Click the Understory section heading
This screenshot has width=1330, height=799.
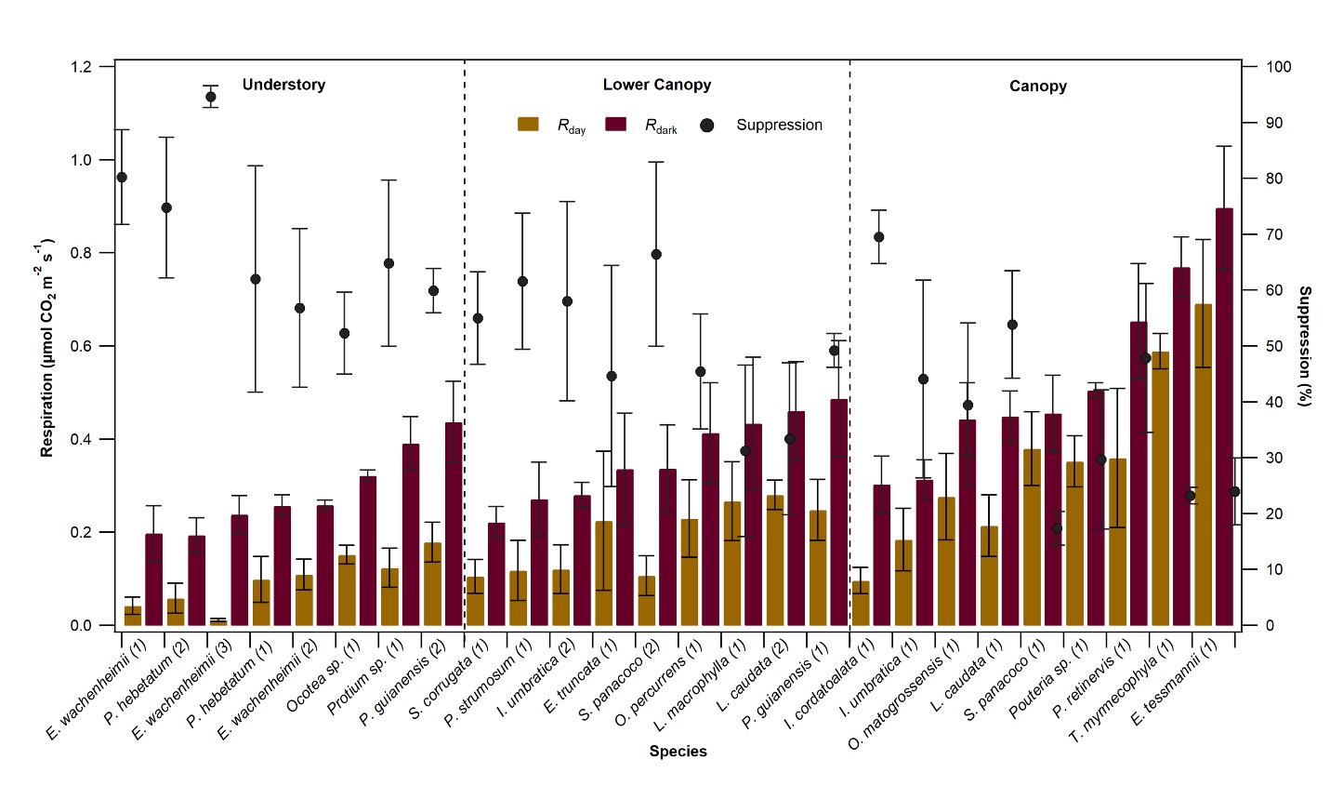[x=283, y=85]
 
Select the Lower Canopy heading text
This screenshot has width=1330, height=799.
[x=656, y=85]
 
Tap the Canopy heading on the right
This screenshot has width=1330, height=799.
[x=1037, y=87]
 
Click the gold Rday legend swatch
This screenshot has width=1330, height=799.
[x=528, y=124]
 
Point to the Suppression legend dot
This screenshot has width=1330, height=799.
[x=708, y=125]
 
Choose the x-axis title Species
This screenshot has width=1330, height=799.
[x=678, y=752]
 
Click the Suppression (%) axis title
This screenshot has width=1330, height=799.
[x=1305, y=346]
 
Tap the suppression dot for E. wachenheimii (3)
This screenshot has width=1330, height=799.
[x=210, y=97]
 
